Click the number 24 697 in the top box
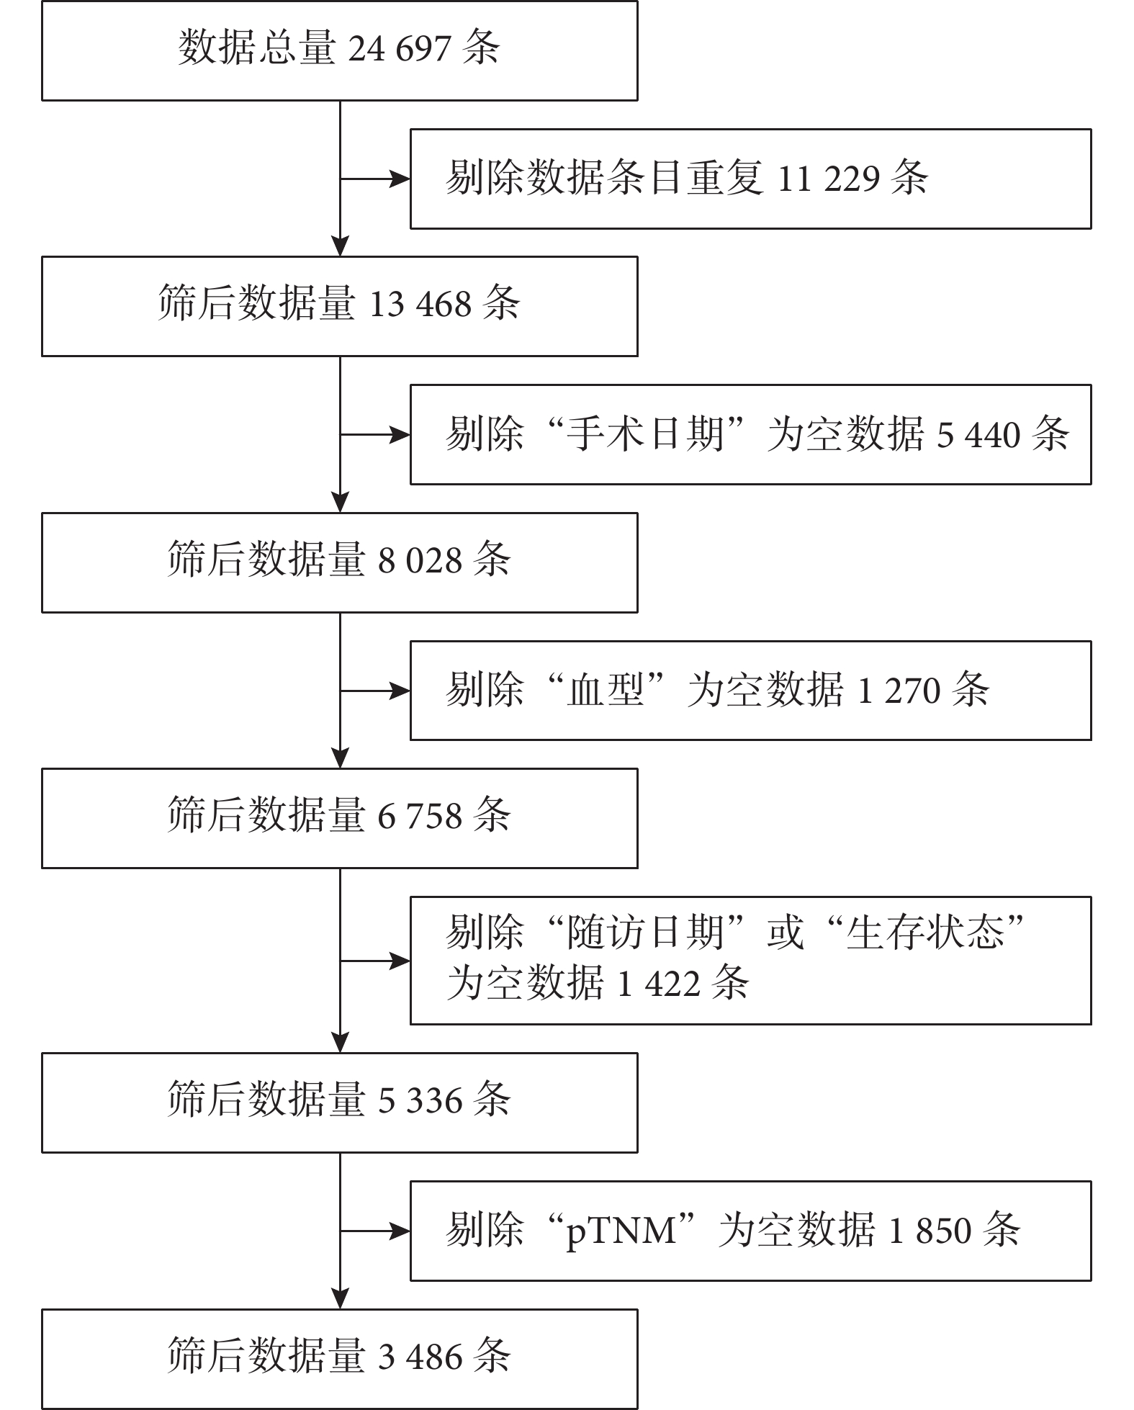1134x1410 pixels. coord(400,50)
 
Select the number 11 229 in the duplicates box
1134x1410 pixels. coord(829,179)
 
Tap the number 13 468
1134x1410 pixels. coord(420,305)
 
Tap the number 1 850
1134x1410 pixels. coord(930,1231)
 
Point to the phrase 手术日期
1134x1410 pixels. coord(645,434)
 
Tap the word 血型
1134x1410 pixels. coord(606,690)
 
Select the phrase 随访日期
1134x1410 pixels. coord(645,932)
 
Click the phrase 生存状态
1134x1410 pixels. coord(925,932)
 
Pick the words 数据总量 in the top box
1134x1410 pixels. coord(257,49)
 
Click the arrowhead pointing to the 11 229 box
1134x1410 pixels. coord(400,179)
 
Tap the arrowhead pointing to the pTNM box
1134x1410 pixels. coord(400,1231)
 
